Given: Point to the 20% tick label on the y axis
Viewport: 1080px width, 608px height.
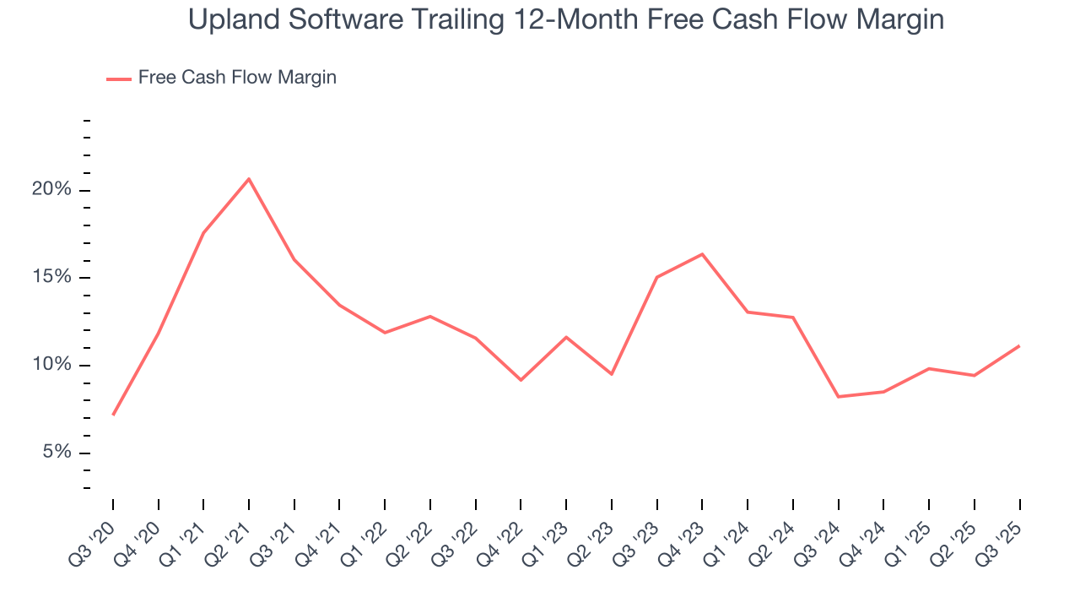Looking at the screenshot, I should click(x=51, y=190).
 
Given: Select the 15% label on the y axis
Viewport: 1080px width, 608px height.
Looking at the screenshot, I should click(x=51, y=278).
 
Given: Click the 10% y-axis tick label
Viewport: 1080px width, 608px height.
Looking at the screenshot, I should click(x=51, y=366).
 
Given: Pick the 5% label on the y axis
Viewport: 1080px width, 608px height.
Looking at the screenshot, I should click(x=57, y=453).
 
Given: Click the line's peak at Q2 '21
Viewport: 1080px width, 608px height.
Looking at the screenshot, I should click(x=249, y=179).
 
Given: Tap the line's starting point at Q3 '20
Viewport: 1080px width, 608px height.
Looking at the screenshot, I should click(x=113, y=415).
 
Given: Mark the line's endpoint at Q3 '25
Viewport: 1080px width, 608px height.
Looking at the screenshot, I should click(x=1019, y=346).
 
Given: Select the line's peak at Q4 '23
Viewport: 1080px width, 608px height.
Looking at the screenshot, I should click(x=702, y=254).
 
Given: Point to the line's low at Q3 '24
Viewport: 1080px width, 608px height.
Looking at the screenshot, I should click(x=838, y=397).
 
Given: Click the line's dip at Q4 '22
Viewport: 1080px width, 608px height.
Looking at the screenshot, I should click(x=521, y=380).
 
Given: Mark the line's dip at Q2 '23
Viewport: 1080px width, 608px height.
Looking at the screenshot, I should click(x=612, y=374).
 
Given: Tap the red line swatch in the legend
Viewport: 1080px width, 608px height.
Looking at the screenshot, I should click(x=118, y=79).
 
